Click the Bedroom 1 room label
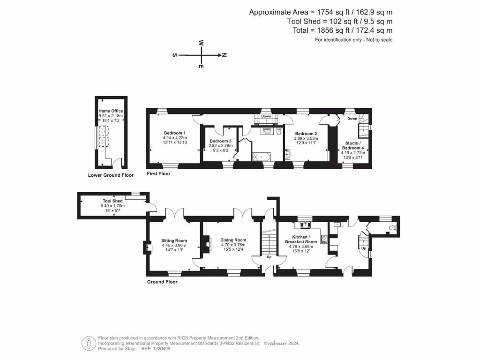(174, 133)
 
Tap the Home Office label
(111, 111)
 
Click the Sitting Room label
(174, 240)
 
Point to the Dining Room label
(233, 240)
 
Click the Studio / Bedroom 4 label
(352, 145)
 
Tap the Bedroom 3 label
(220, 141)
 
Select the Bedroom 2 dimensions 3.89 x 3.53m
(306, 138)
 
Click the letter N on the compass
(225, 55)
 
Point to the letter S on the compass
(175, 55)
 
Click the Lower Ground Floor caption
(111, 175)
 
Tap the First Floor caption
(158, 173)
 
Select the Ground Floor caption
(162, 282)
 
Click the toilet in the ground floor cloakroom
(392, 228)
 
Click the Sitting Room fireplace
(148, 247)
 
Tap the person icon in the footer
(89, 343)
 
